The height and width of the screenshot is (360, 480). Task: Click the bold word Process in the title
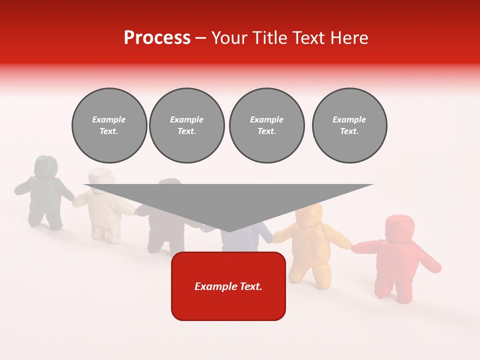pos(157,37)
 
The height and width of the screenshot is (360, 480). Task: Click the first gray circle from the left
pos(109,125)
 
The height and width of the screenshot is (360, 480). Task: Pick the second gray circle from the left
pos(186,125)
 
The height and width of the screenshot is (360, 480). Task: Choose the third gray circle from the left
pos(266,125)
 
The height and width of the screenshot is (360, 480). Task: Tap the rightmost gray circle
pos(349,125)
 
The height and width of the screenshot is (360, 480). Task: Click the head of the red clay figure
pos(399,228)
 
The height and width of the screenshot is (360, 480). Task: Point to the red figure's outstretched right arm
pos(427,261)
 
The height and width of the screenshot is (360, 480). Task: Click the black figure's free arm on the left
pos(23,187)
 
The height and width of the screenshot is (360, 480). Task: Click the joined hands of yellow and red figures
pos(353,246)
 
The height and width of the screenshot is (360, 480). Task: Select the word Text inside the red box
pos(249,286)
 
